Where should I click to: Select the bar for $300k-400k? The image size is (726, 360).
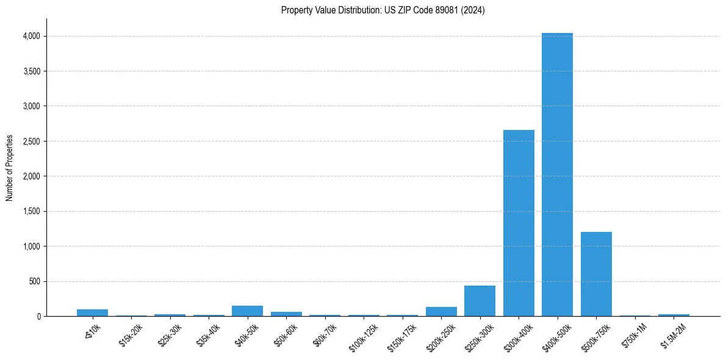(519, 223)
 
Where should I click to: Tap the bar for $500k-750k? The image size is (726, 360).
(596, 274)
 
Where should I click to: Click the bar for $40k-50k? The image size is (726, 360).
(247, 311)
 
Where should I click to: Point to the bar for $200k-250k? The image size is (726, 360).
(441, 312)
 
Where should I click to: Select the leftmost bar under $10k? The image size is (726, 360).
(92, 313)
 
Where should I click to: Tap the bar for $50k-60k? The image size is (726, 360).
(286, 314)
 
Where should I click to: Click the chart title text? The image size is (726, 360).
(383, 10)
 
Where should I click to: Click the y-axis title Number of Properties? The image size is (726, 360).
(10, 168)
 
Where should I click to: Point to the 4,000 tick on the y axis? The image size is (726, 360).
(31, 36)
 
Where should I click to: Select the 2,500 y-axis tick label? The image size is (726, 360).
(31, 142)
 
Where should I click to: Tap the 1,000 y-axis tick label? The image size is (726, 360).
(31, 247)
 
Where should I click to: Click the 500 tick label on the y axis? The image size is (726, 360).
(34, 282)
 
